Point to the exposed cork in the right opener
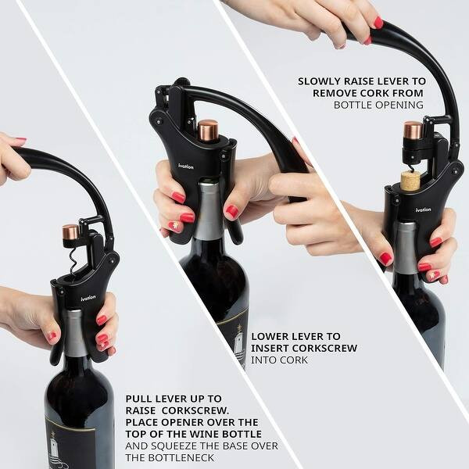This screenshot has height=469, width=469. click(410, 181)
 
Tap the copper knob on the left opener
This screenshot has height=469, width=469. click(71, 233)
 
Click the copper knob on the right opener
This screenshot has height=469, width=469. click(413, 130)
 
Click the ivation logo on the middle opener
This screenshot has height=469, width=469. click(185, 166)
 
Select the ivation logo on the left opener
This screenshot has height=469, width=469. click(88, 297)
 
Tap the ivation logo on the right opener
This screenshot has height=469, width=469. click(423, 209)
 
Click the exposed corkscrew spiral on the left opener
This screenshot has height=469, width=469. click(73, 262)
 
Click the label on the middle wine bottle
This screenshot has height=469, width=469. click(233, 336)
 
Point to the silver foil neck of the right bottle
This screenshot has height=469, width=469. click(404, 245)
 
